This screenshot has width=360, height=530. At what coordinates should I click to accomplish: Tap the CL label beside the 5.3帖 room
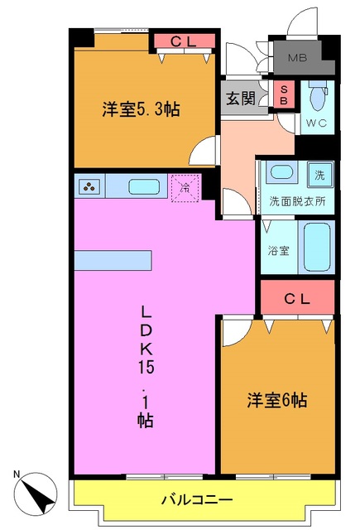pos(183,41)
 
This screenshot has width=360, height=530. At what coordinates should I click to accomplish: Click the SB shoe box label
pos(284,94)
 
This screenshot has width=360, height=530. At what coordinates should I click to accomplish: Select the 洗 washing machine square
pos(319,175)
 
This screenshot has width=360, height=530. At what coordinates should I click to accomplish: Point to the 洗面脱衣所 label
pos(297,201)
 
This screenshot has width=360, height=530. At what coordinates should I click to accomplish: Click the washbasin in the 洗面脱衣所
pos(283,174)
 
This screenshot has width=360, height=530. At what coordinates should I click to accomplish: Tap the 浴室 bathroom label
pos(276,248)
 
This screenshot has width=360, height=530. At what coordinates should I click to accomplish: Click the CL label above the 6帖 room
pos(297,299)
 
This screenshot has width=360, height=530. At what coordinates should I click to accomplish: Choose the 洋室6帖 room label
pos(276,400)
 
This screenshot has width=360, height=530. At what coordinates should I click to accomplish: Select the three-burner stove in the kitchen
pos(89,186)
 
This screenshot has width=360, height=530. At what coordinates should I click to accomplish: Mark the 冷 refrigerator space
pos(183,186)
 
